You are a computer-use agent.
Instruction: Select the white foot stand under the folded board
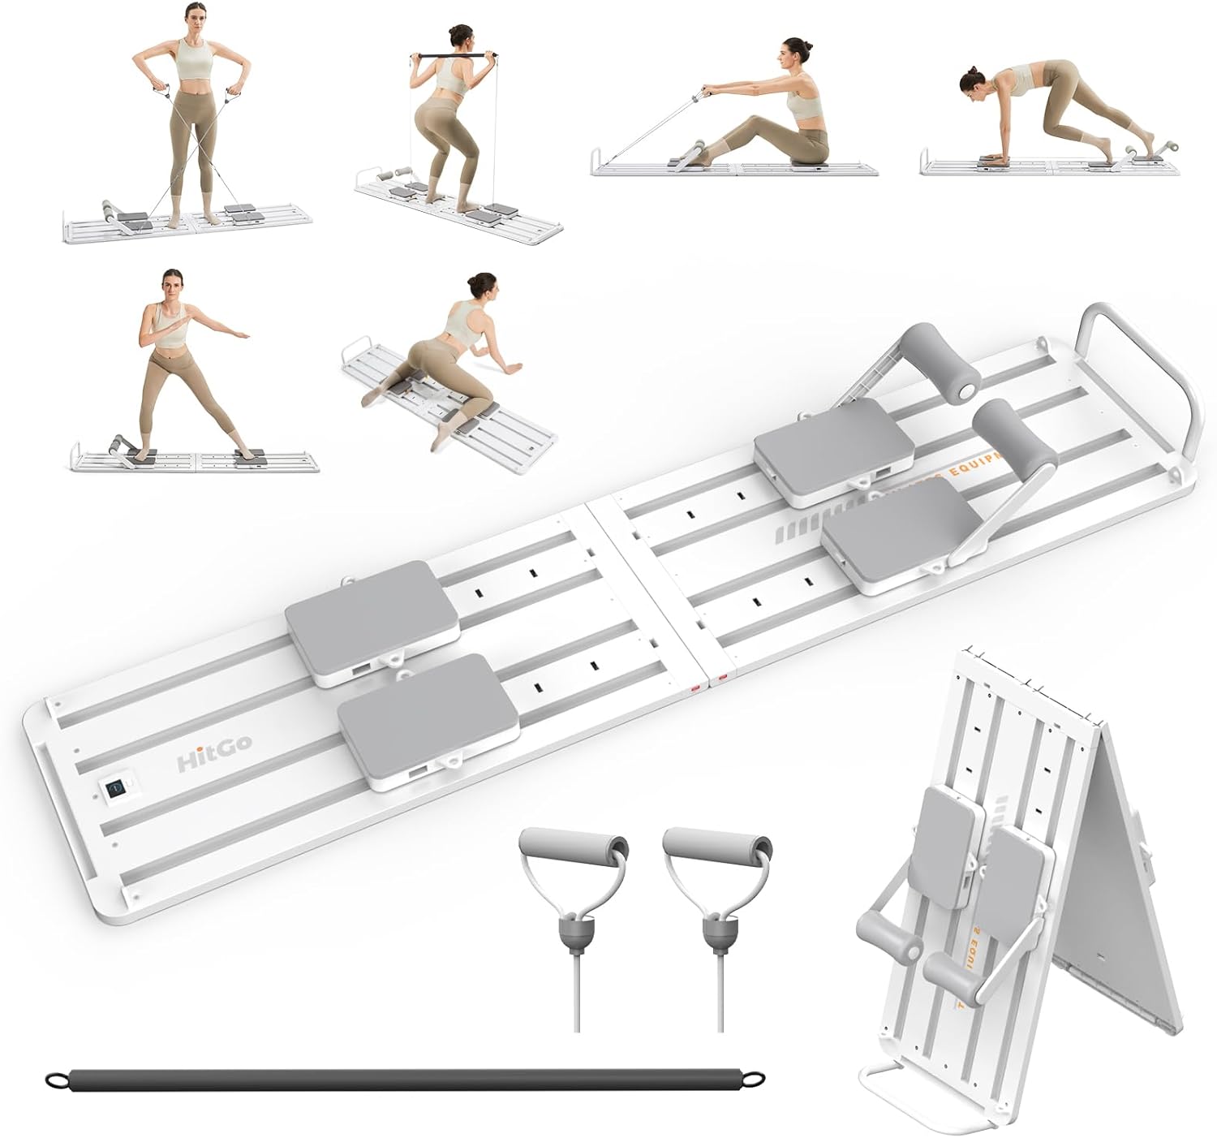point(941,1104)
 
